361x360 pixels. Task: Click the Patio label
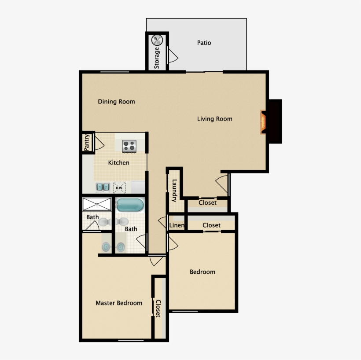coord(204,43)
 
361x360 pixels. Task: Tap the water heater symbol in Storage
coord(157,40)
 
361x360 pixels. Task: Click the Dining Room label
coord(116,102)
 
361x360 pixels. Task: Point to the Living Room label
coord(214,119)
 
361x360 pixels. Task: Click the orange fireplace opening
coord(263,122)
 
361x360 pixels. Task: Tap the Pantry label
coord(87,142)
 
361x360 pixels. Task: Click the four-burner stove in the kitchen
coord(129,145)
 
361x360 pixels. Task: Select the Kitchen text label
coord(119,163)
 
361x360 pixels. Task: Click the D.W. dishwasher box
coord(119,188)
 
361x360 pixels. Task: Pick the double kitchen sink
coord(103,187)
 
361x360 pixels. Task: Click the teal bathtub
coord(130,205)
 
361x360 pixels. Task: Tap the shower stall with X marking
coord(97,204)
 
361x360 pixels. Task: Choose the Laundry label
coord(174,191)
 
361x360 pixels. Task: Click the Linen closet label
coord(177,225)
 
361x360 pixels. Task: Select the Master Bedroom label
coord(119,303)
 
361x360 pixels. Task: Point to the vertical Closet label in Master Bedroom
coord(158,308)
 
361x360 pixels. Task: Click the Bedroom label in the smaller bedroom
coord(203,272)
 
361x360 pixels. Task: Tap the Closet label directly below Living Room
coord(207,203)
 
